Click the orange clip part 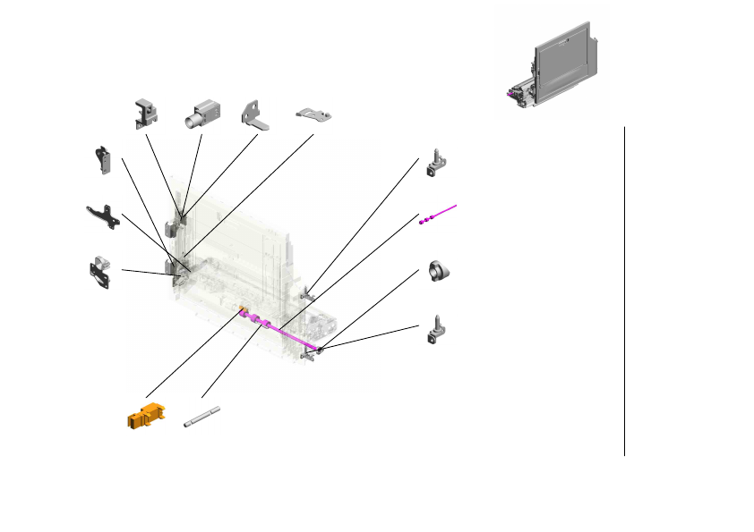click(x=146, y=416)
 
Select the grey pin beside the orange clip click(x=201, y=417)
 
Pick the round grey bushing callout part click(x=439, y=270)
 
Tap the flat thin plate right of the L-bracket click(x=313, y=114)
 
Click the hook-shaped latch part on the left click(x=104, y=158)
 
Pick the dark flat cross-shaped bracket click(x=104, y=216)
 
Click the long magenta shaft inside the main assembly click(x=287, y=334)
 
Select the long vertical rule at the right click(x=624, y=291)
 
